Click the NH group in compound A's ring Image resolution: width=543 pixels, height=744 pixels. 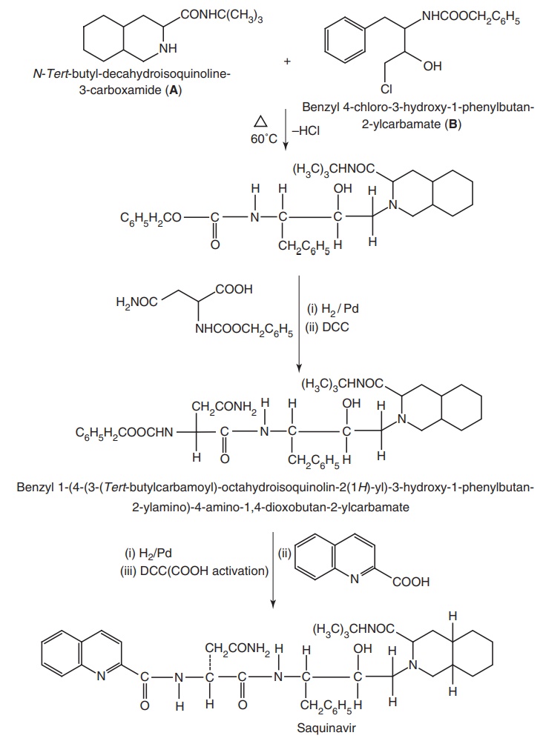(169, 49)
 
